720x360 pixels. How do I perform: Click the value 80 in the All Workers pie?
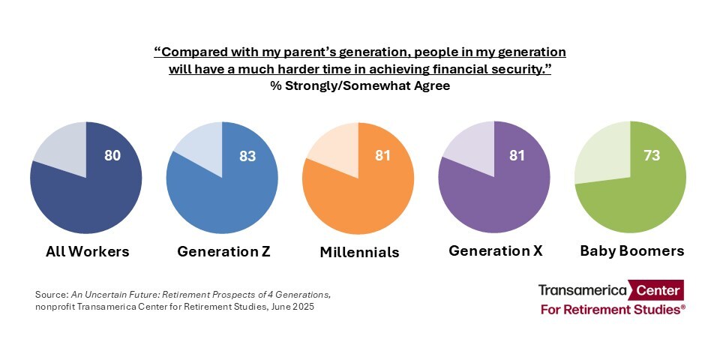pos(112,156)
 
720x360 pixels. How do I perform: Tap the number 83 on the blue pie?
pos(248,156)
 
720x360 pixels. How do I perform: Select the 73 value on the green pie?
pos(652,156)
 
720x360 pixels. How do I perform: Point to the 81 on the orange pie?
pos(383,156)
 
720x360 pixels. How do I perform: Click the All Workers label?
pos(87,252)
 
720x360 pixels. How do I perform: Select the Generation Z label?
pos(223,252)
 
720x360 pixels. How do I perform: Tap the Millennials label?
pos(359,253)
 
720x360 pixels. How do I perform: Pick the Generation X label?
pos(495,251)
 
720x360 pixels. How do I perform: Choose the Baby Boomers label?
pos(631,251)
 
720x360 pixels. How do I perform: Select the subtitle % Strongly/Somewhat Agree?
pos(360,85)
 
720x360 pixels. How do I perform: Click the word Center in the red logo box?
pos(658,290)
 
